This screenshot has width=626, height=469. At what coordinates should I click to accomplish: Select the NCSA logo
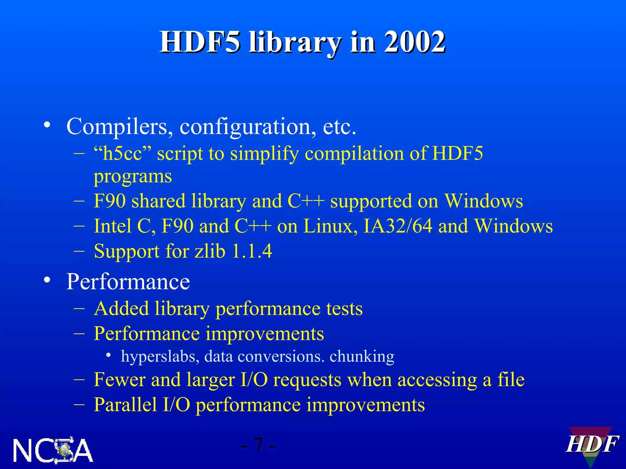coord(53,450)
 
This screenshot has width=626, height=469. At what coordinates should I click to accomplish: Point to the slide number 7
coord(258,445)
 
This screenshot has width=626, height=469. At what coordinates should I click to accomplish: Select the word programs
coord(133,177)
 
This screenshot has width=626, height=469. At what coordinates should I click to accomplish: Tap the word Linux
coord(331,226)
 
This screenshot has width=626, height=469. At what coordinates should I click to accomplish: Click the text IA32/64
coord(398,226)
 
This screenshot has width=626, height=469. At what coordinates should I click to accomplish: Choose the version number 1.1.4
coord(252,251)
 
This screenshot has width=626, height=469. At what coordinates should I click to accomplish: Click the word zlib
coord(210,251)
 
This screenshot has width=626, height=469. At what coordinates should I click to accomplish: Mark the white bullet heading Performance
coord(128,282)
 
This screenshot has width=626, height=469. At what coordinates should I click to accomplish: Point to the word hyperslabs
coord(160,356)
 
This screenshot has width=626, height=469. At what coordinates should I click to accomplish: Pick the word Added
coord(121,309)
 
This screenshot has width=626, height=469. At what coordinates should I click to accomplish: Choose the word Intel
coord(112,226)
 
